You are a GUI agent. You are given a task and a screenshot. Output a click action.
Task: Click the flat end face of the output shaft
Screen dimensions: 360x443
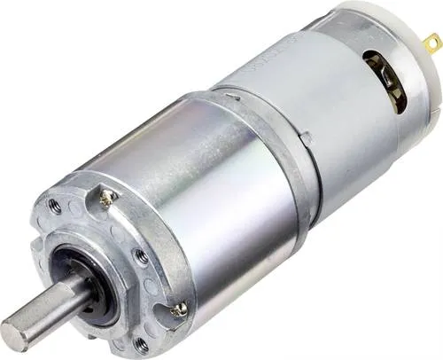click(x=17, y=332)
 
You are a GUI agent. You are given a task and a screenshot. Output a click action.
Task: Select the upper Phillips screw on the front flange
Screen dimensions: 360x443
click(x=107, y=200)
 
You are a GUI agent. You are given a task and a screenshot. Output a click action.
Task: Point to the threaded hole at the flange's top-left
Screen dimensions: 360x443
click(x=55, y=206)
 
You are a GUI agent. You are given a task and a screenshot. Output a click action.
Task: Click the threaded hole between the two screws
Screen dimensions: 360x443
click(x=141, y=258)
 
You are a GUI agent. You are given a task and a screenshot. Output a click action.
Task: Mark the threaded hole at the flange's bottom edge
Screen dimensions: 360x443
click(x=142, y=345)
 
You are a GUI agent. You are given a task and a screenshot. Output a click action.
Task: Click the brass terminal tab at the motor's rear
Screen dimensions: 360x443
click(x=432, y=43)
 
